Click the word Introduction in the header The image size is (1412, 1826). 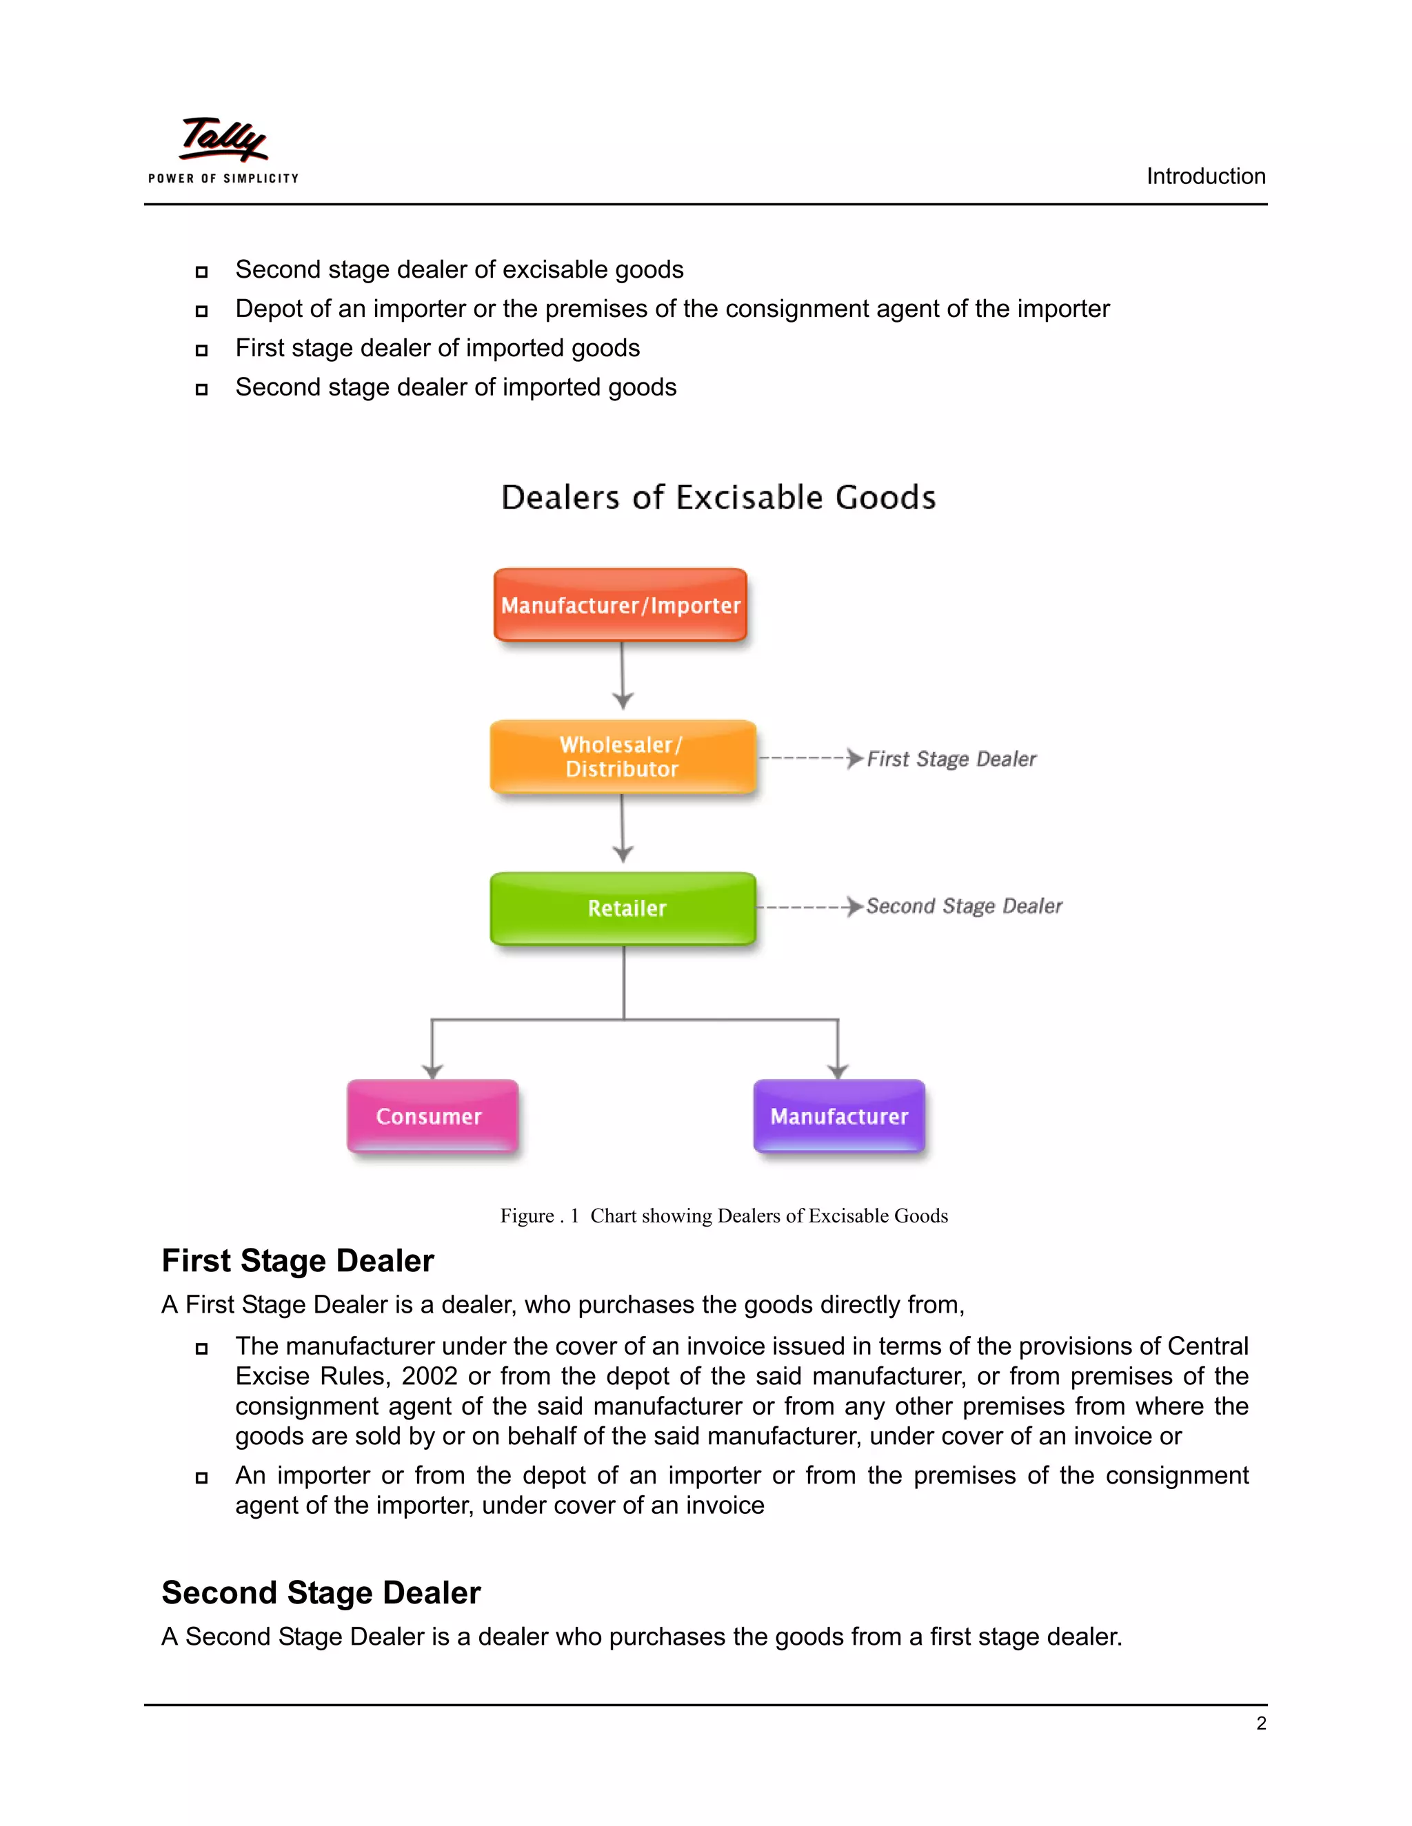point(1205,176)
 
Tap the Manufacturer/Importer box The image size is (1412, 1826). point(621,604)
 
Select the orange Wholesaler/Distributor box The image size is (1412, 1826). point(623,757)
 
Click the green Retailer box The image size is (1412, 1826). point(624,908)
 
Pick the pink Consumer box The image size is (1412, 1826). point(432,1116)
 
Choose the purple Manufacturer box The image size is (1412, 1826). point(839,1116)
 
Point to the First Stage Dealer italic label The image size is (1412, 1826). point(951,759)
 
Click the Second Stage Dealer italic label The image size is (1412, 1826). point(964,906)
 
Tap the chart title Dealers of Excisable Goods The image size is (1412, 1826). point(718,497)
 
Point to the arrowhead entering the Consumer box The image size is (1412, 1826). point(432,1071)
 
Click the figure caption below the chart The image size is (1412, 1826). point(723,1215)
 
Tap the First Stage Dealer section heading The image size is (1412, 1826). point(298,1261)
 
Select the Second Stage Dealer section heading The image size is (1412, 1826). point(321,1592)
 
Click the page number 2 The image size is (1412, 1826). point(1260,1723)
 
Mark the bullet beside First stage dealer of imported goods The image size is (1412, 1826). point(201,350)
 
